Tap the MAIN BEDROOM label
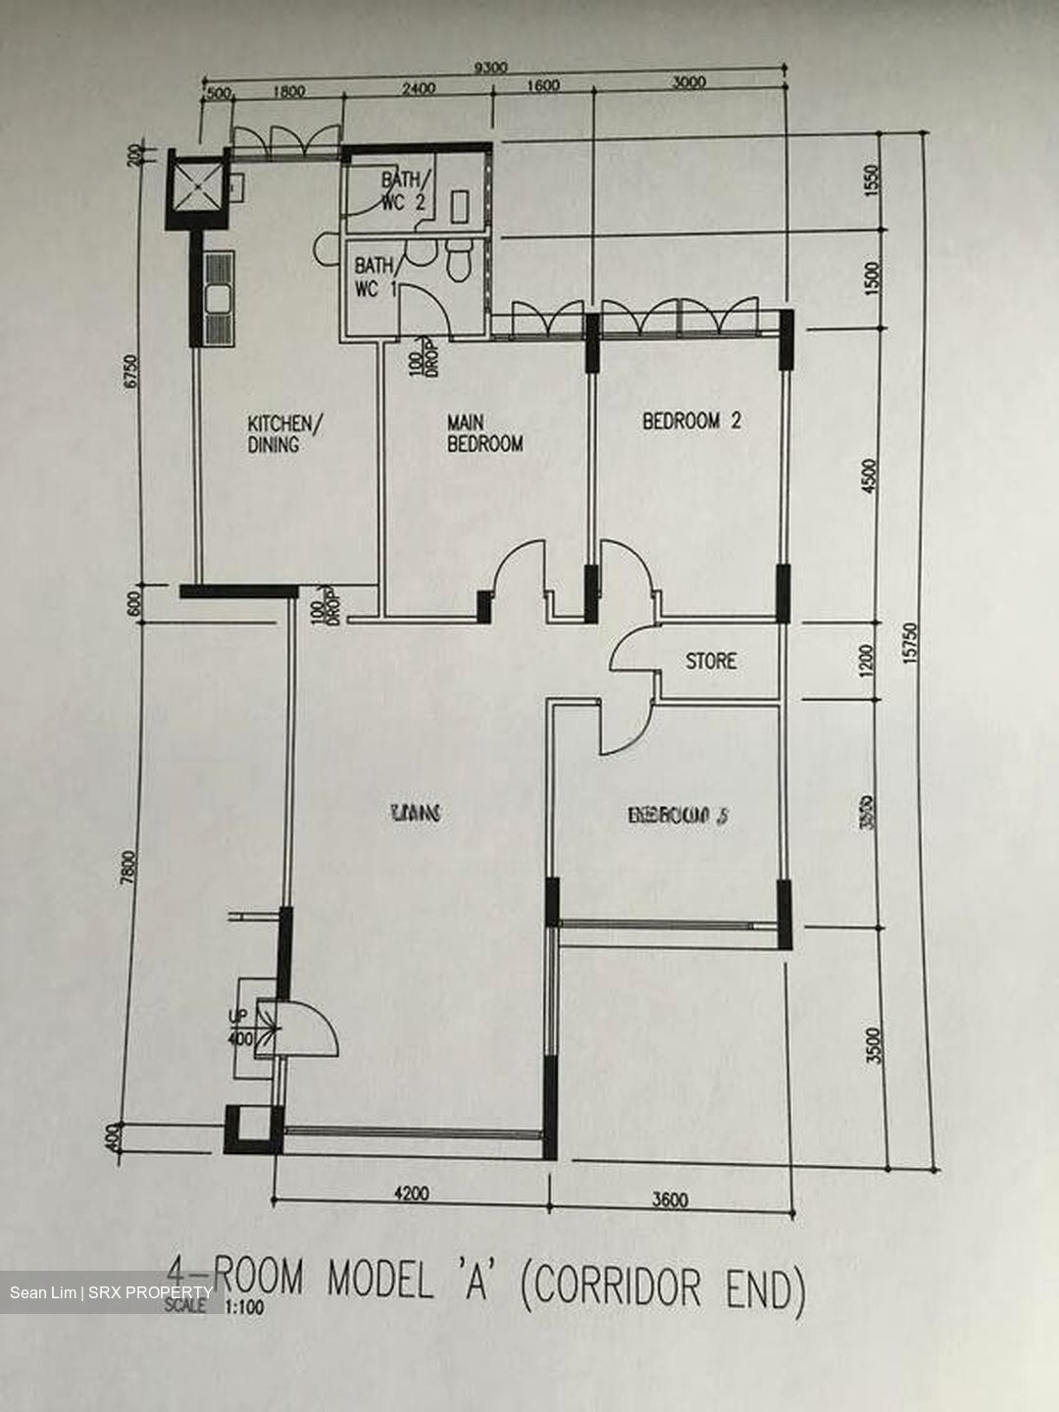[x=484, y=432]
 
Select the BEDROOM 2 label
[x=691, y=422]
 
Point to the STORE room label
[x=711, y=661]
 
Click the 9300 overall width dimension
[x=490, y=68]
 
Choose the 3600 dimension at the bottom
[x=670, y=1199]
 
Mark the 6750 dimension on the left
[x=134, y=372]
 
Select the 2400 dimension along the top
[x=418, y=89]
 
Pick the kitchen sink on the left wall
[x=219, y=296]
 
